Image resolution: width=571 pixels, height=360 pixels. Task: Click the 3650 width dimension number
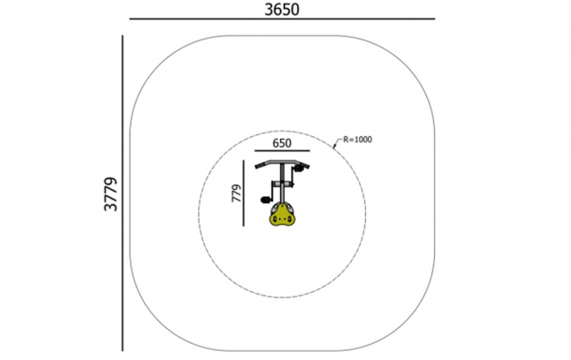[x=282, y=10]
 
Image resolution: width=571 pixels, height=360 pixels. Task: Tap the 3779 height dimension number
[x=111, y=194]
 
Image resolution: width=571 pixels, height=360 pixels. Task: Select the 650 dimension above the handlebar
[x=282, y=143]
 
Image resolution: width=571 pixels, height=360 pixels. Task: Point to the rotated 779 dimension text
[x=236, y=193]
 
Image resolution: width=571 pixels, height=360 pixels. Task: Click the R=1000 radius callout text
[x=358, y=140]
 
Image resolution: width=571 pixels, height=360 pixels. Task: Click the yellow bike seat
[x=282, y=215]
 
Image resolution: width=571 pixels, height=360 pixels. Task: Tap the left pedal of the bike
[x=265, y=200]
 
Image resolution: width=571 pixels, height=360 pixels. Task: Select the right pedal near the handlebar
[x=299, y=168]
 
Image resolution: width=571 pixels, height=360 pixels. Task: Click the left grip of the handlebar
[x=260, y=166]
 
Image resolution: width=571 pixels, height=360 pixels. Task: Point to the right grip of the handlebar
[x=305, y=165]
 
